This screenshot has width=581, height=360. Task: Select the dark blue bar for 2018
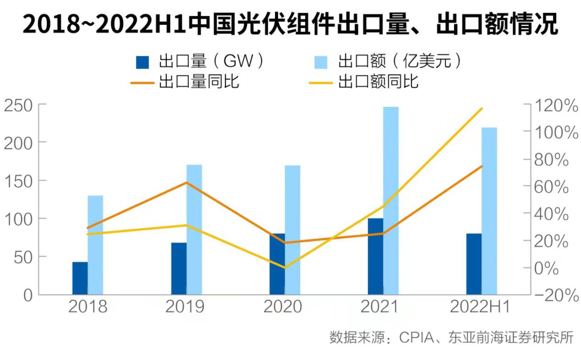point(80,278)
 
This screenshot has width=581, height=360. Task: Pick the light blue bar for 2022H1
point(489,211)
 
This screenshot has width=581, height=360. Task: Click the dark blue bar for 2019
point(179,269)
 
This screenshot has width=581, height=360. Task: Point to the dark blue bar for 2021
point(375,256)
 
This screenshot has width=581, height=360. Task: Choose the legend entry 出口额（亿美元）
point(388,61)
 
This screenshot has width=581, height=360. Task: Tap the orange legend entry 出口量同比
point(186,82)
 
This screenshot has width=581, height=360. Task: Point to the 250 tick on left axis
point(18,105)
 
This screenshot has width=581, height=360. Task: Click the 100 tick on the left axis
point(18,219)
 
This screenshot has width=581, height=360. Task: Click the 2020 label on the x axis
point(282,307)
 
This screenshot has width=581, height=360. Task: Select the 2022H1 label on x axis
point(480,307)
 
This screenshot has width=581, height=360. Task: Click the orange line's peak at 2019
point(187,182)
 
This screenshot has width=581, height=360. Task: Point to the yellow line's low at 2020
point(285,267)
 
